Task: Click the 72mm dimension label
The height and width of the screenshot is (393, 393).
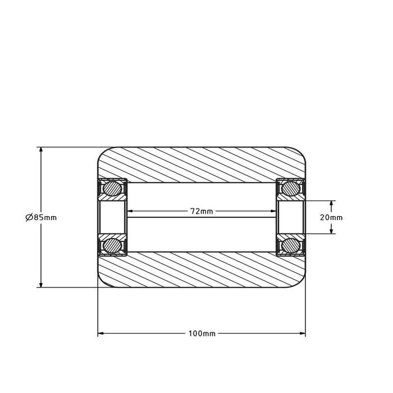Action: [x=202, y=211]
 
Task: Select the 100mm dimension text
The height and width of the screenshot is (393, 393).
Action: [x=202, y=333]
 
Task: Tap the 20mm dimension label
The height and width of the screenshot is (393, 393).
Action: [x=331, y=218]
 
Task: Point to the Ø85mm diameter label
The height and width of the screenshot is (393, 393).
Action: [x=41, y=217]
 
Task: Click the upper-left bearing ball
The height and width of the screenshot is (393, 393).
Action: [x=112, y=189]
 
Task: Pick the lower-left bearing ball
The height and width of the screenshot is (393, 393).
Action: [x=112, y=246]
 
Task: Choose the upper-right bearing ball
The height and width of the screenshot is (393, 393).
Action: [x=291, y=189]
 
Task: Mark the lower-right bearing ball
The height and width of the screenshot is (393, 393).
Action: [x=291, y=246]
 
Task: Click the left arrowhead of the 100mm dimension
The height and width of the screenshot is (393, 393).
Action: [x=100, y=333]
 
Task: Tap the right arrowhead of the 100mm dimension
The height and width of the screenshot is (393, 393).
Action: [x=303, y=333]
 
